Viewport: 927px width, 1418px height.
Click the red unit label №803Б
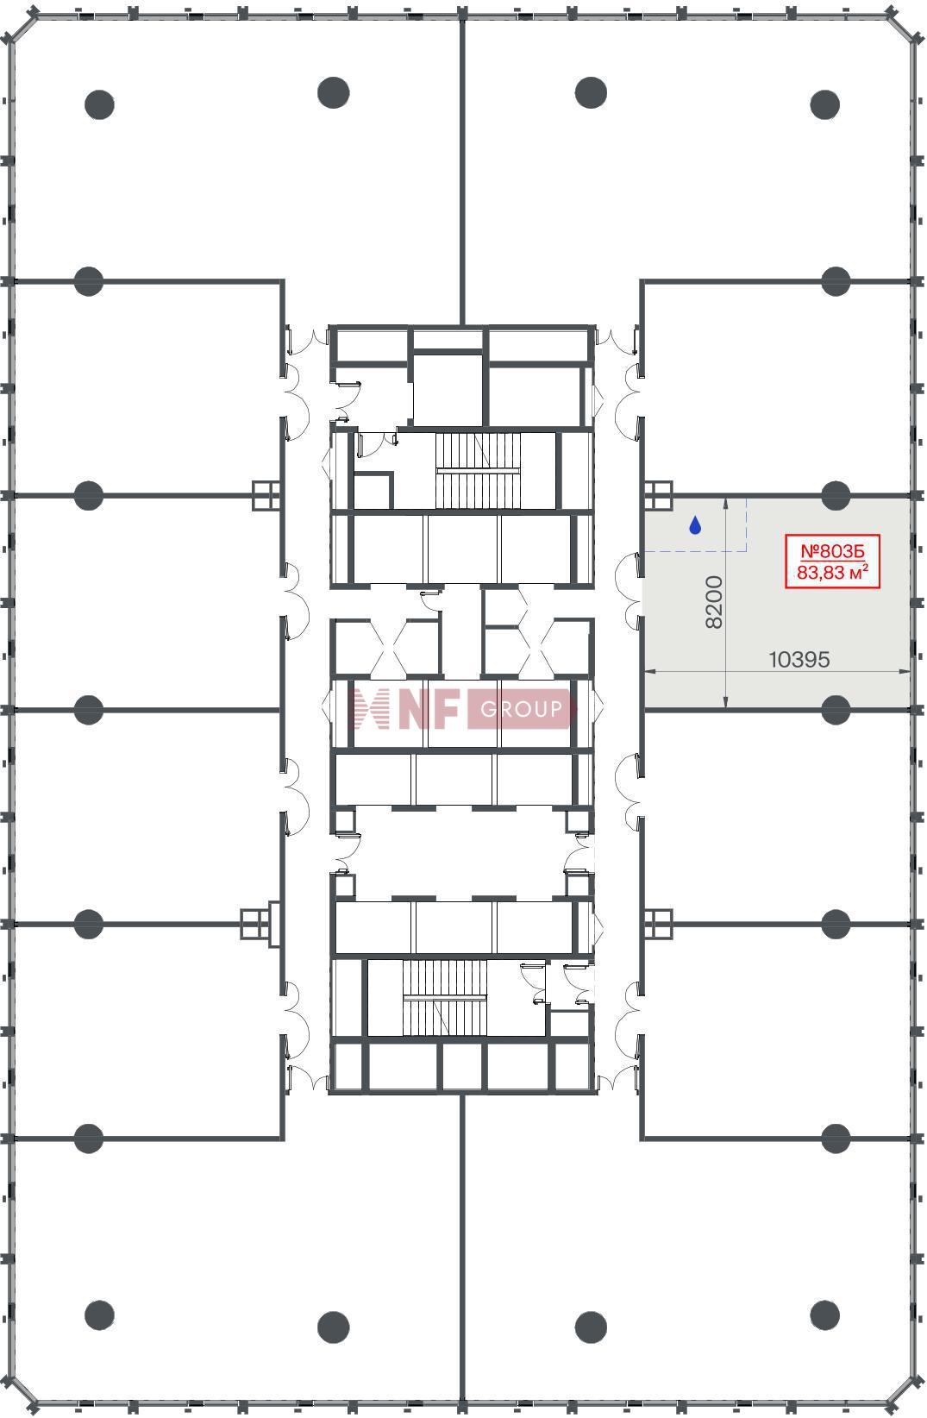[x=833, y=551]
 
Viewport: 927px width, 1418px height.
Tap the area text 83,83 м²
[x=833, y=573]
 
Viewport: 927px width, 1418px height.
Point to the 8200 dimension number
[x=714, y=602]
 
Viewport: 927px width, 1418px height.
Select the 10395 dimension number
[x=799, y=660]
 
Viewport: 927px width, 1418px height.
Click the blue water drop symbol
[x=695, y=524]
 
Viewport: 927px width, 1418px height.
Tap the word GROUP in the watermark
[x=522, y=709]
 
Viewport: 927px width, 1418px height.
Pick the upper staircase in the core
[x=478, y=471]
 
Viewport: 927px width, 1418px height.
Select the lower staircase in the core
[x=445, y=998]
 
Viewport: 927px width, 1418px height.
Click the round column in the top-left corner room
[x=99, y=105]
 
